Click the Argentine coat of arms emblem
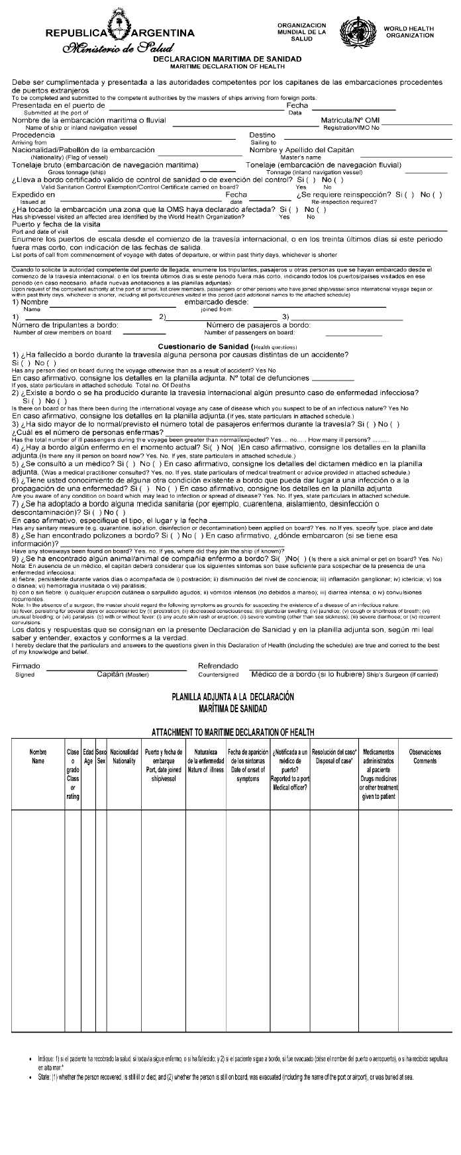point(119,31)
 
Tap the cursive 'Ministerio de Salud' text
point(118,48)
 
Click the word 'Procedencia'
point(34,135)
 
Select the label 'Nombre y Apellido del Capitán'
point(301,150)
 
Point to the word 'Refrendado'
point(218,666)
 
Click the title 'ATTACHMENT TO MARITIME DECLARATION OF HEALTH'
point(232,732)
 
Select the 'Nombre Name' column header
point(38,757)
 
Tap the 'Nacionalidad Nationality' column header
point(124,757)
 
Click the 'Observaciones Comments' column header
point(425,757)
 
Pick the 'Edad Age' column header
point(88,757)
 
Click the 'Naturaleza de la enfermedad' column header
point(206,761)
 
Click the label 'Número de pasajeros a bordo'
point(258,325)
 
